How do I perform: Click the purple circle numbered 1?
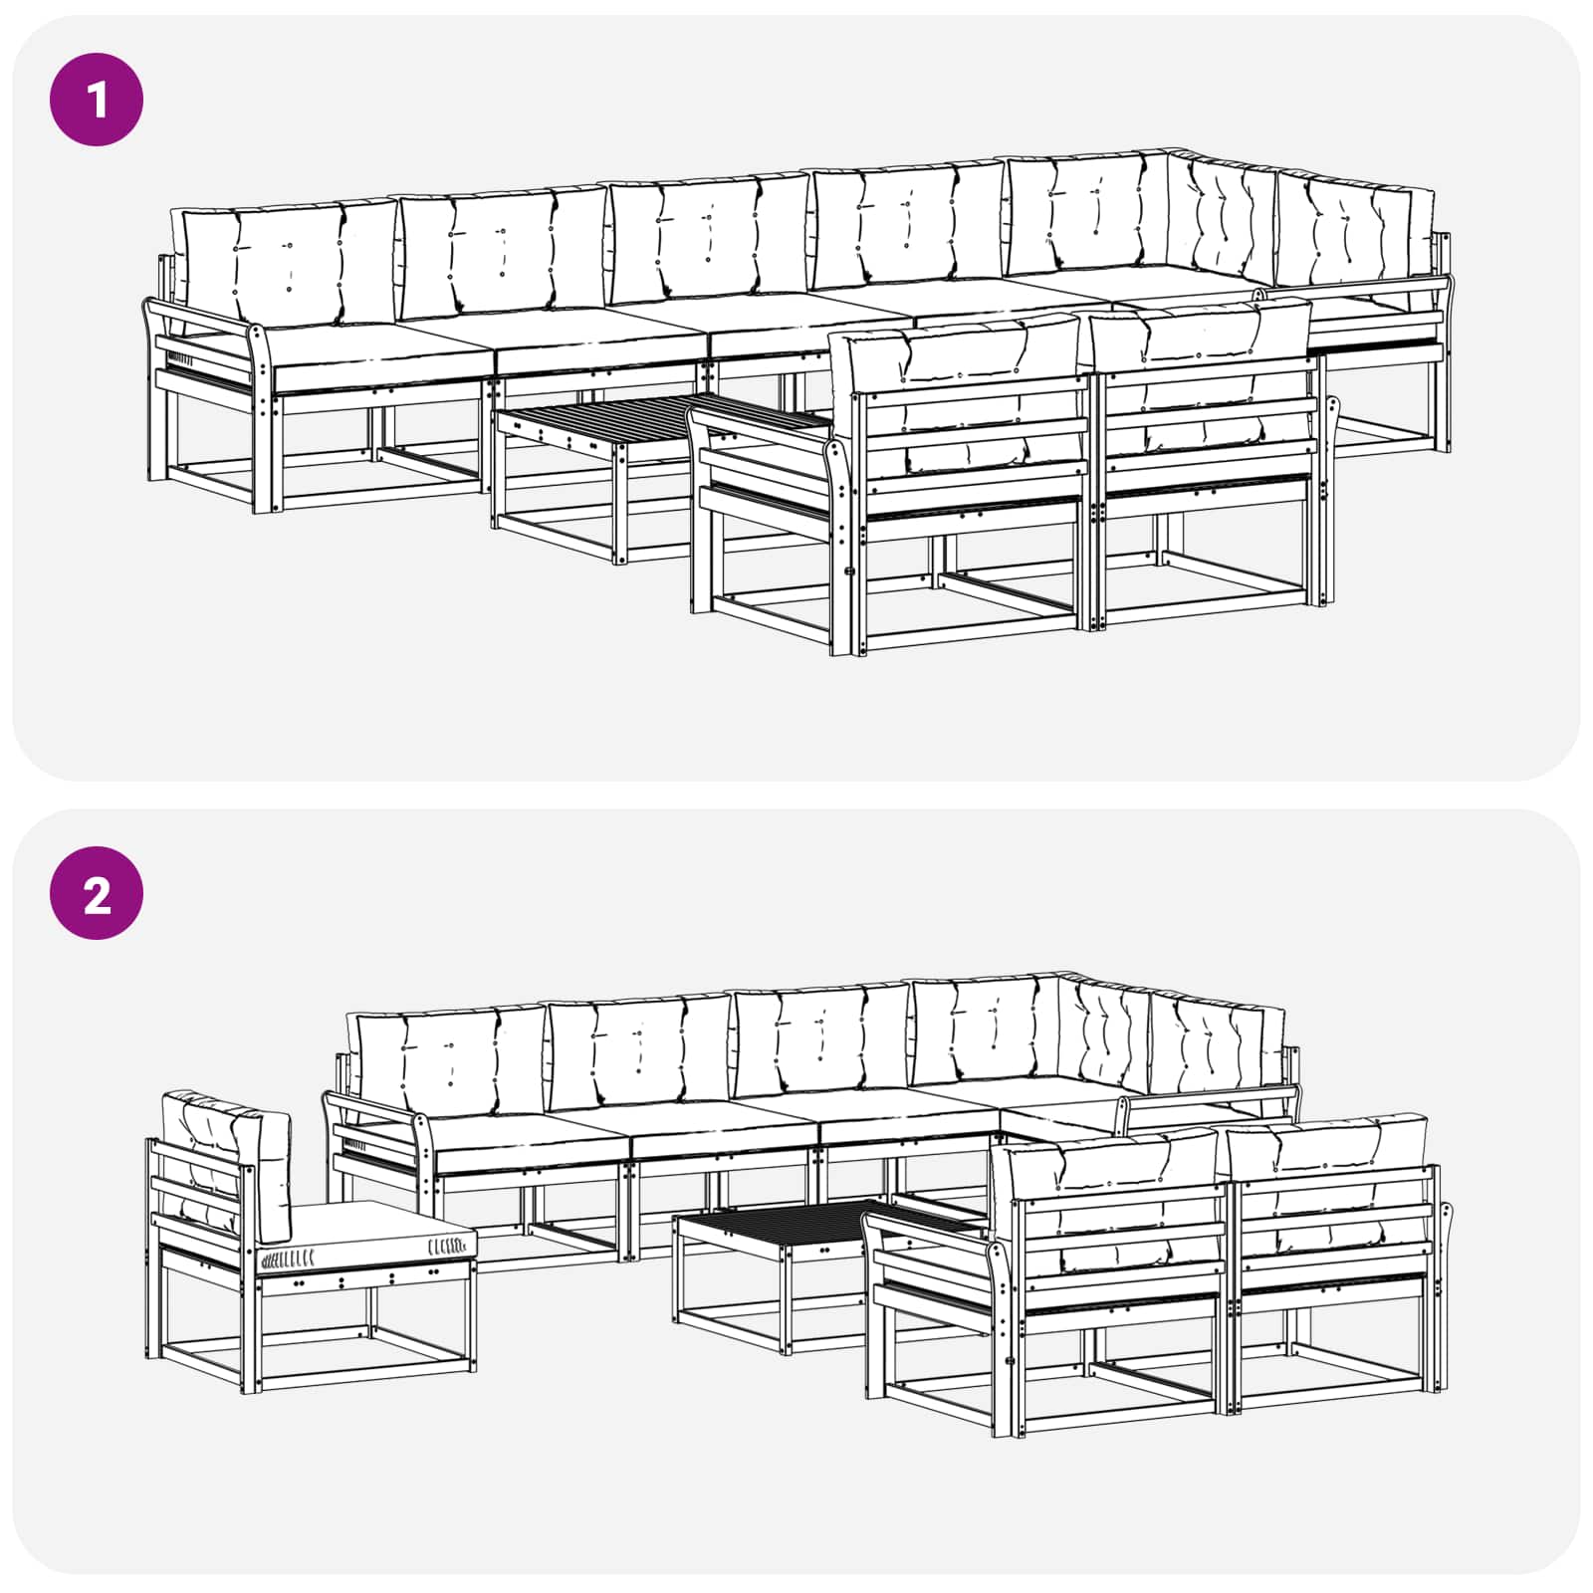point(97,100)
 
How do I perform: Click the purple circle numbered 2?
point(97,894)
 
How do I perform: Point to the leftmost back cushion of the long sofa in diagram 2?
point(448,1059)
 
